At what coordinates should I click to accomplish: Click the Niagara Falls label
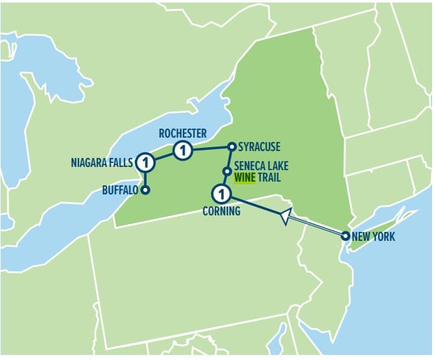click(x=101, y=164)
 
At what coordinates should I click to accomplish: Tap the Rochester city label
click(x=183, y=133)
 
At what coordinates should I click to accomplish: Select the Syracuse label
click(x=259, y=147)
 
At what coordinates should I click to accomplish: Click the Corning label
click(x=221, y=211)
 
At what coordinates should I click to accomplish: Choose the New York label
click(x=373, y=236)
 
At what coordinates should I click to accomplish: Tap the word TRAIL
click(x=268, y=178)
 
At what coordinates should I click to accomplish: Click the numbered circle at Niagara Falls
click(x=146, y=162)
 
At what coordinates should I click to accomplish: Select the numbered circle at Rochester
click(x=182, y=151)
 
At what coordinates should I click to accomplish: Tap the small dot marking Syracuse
click(x=232, y=147)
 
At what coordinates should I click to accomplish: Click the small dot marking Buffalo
click(x=146, y=190)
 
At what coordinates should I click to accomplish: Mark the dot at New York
click(x=345, y=236)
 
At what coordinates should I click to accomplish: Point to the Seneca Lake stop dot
click(x=226, y=171)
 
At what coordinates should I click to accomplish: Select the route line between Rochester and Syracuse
click(x=210, y=149)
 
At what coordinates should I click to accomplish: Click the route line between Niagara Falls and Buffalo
click(x=146, y=179)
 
